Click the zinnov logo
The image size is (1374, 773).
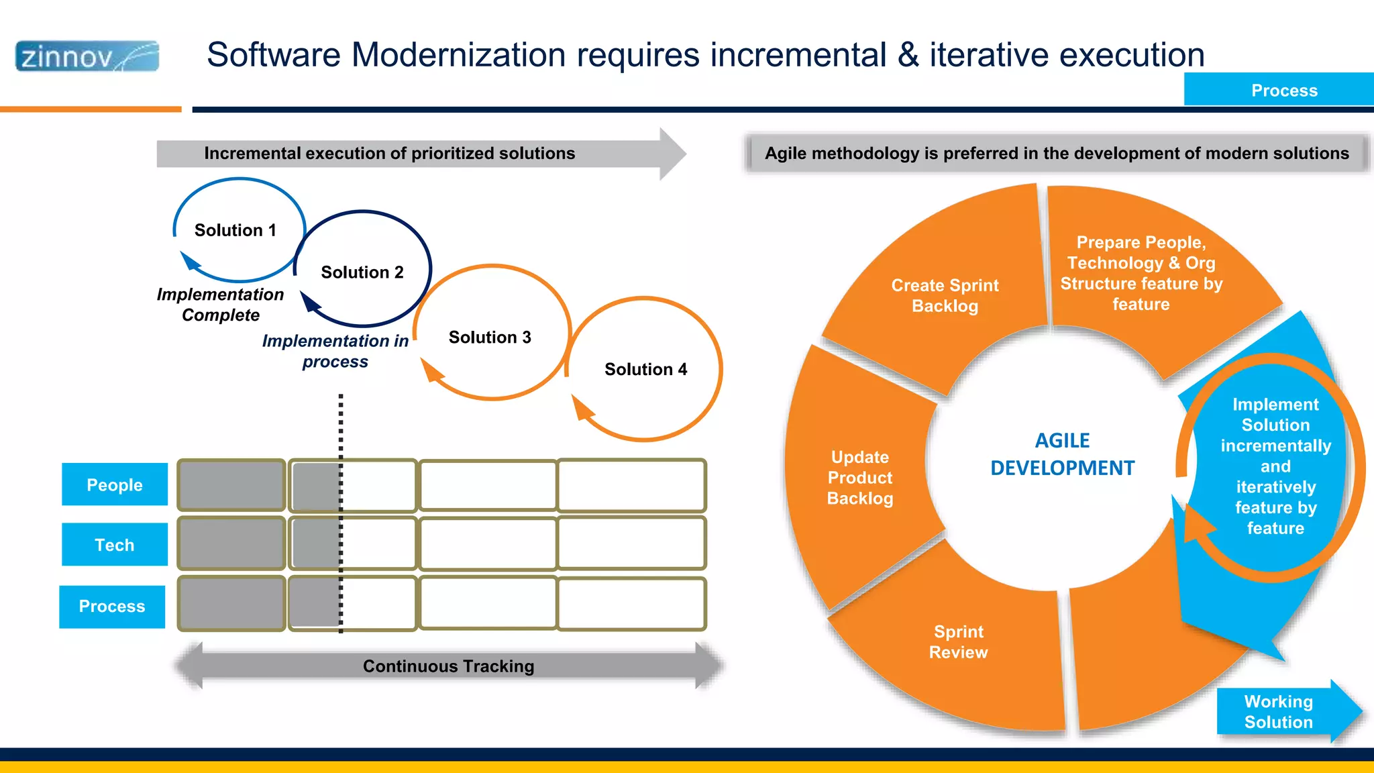pos(87,56)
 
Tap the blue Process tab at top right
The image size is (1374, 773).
pos(1283,90)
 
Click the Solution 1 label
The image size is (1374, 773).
pos(235,230)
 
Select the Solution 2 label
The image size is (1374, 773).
pos(362,272)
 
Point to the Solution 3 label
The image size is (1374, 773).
pos(489,338)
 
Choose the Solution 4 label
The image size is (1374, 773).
pos(645,370)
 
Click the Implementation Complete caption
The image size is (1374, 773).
pos(220,305)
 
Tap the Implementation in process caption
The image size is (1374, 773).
pos(335,351)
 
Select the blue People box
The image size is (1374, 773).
pos(114,484)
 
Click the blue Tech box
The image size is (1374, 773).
pos(114,545)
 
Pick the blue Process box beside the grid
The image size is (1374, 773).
pos(112,607)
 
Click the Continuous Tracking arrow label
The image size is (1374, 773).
pos(448,666)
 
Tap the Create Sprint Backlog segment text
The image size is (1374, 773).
pos(945,295)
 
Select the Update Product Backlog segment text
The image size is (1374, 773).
pos(860,478)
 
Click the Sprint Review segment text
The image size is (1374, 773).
pos(958,642)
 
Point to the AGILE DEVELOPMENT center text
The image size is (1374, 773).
pos(1062,454)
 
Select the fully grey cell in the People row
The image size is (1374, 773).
pos(231,484)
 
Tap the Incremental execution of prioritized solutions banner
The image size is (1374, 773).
pos(389,154)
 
